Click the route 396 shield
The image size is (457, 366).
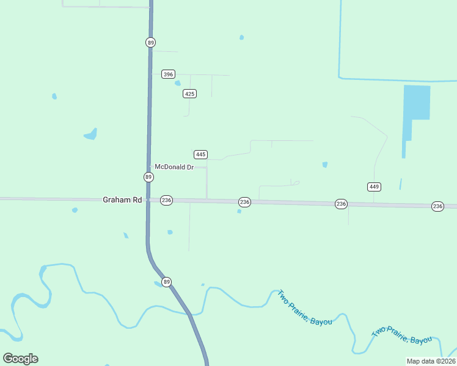pyautogui.click(x=168, y=74)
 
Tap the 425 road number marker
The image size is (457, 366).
pyautogui.click(x=189, y=93)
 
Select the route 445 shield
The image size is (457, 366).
pyautogui.click(x=200, y=154)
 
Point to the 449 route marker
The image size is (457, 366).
pyautogui.click(x=375, y=186)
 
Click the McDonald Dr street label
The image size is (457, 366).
pyautogui.click(x=174, y=167)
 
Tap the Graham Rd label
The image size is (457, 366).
pyautogui.click(x=122, y=199)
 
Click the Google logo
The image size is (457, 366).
pyautogui.click(x=20, y=359)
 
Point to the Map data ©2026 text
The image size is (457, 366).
pyautogui.click(x=431, y=361)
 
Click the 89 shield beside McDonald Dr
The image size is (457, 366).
pyautogui.click(x=148, y=177)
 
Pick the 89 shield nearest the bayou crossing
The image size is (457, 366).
pyautogui.click(x=167, y=282)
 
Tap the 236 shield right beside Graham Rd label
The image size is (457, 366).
pyautogui.click(x=166, y=200)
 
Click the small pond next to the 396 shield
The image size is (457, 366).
pyautogui.click(x=178, y=83)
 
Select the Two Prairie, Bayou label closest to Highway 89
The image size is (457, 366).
pyautogui.click(x=304, y=307)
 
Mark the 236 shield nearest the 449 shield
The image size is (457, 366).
pyautogui.click(x=341, y=204)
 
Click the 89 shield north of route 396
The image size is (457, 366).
pyautogui.click(x=150, y=42)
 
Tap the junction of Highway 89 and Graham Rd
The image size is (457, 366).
pyautogui.click(x=148, y=199)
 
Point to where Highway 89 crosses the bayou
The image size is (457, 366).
pyautogui.click(x=191, y=315)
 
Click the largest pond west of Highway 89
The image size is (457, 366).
pyautogui.click(x=90, y=134)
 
